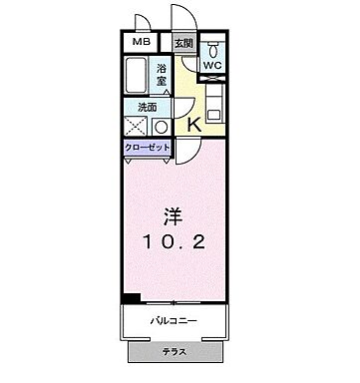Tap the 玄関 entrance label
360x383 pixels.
183,44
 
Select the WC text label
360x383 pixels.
212,66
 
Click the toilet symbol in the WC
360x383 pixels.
213,49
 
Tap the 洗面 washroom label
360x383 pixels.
148,107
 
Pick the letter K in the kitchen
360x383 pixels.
195,124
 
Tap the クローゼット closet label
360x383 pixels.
148,148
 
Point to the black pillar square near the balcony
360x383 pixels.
129,297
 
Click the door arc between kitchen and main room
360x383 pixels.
191,149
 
